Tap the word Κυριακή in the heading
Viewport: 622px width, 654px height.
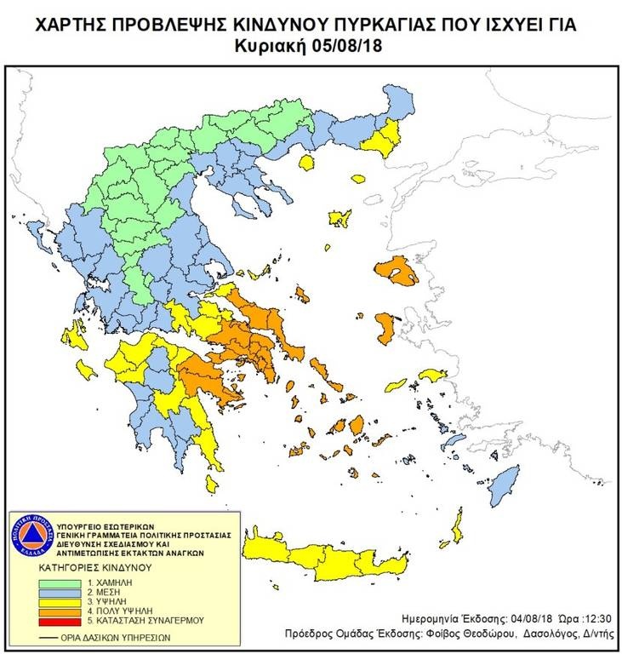[277, 43]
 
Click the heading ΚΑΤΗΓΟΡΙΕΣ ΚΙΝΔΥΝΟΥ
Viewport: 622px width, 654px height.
[94, 565]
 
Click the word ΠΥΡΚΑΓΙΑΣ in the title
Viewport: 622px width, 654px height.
[361, 25]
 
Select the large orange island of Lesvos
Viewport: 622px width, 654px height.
[396, 272]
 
